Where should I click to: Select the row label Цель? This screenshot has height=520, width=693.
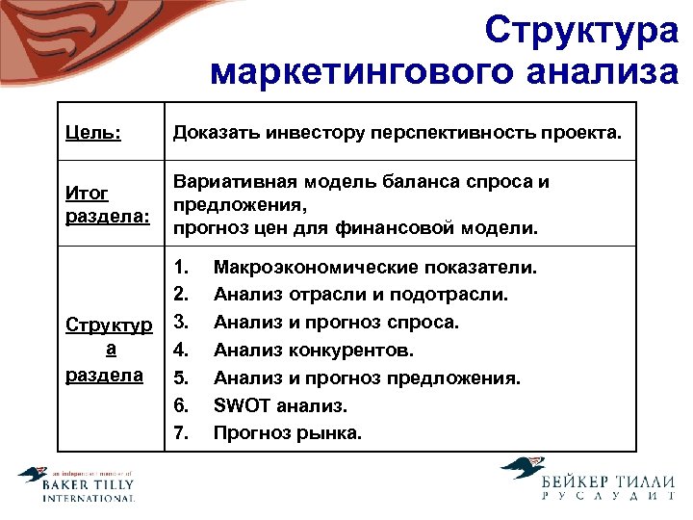[x=93, y=132]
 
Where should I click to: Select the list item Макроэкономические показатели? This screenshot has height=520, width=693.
[x=375, y=266]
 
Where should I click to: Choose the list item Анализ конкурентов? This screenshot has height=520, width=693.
[x=314, y=350]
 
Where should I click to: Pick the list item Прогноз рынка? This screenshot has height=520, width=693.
[x=288, y=433]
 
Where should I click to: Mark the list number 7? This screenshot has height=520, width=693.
[x=180, y=433]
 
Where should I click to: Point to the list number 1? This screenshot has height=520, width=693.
[x=180, y=266]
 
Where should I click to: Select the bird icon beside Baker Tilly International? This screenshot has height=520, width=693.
[x=33, y=476]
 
